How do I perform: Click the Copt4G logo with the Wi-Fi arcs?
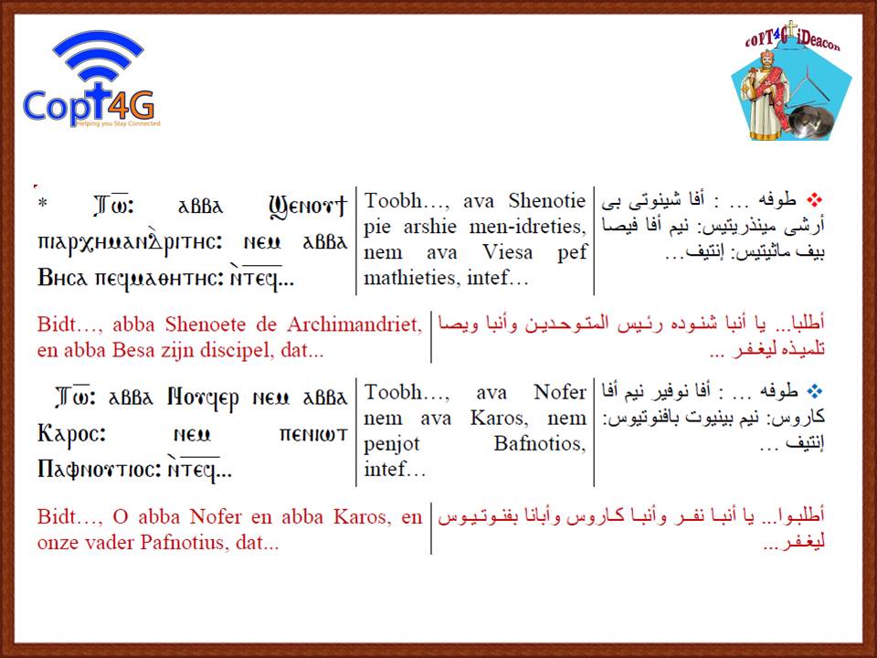click(x=91, y=80)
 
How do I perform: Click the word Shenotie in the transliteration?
click(x=546, y=200)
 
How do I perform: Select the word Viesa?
click(x=508, y=252)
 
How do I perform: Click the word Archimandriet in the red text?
click(x=354, y=324)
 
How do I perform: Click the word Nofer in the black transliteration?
click(x=559, y=392)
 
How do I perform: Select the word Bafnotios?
click(x=539, y=444)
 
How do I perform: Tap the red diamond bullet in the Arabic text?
click(x=815, y=199)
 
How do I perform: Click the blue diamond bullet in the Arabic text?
click(x=816, y=391)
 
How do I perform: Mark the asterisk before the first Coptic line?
click(x=43, y=203)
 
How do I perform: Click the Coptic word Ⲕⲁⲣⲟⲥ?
click(x=71, y=434)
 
